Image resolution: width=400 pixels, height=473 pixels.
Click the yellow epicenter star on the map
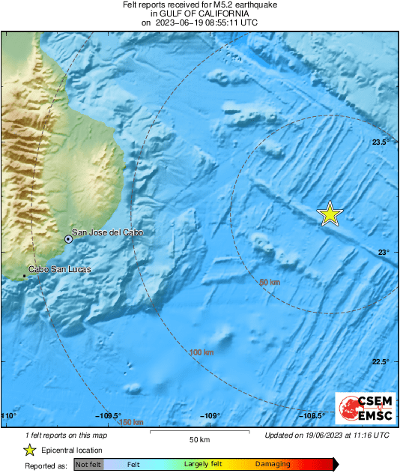point(330,214)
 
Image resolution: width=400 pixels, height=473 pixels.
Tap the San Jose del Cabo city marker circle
point(68,239)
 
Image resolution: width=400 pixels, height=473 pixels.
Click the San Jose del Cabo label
point(106,233)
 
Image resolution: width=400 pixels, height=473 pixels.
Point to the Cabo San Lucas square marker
point(25,276)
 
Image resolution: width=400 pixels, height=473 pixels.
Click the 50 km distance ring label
point(269,282)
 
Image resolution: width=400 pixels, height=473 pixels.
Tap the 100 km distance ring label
point(201,352)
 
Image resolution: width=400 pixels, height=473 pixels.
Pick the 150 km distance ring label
point(131,423)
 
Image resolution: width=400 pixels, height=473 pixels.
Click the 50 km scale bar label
point(198,439)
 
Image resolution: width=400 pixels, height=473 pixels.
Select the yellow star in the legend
point(29,450)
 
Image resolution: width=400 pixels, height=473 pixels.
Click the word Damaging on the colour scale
point(273,465)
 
